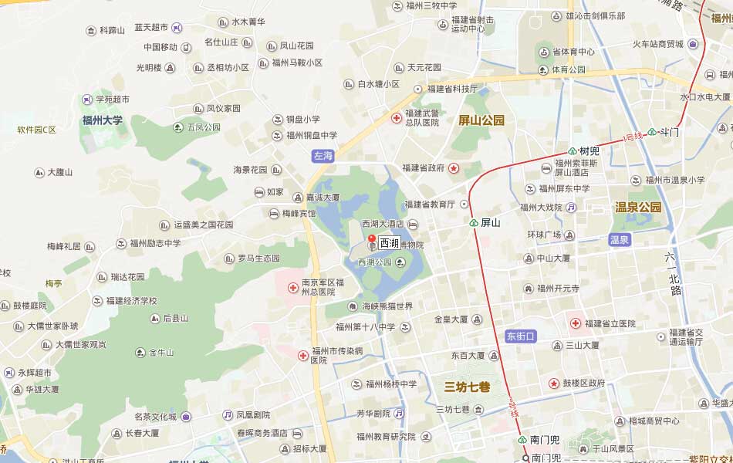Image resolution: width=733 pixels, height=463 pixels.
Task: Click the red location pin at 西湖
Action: tap(371, 239)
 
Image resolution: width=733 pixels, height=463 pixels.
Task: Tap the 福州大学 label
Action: tap(103, 120)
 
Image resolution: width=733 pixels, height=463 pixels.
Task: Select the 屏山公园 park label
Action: tap(481, 120)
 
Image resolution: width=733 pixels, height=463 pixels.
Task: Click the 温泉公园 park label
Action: tap(638, 207)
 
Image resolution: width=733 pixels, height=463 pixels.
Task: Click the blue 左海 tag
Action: tap(323, 156)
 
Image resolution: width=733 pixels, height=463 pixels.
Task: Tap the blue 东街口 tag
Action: tap(520, 336)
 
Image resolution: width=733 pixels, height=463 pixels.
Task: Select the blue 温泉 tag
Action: tap(620, 240)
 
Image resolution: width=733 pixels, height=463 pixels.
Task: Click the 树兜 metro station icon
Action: tap(573, 151)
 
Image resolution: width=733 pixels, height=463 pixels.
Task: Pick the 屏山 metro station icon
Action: tap(474, 223)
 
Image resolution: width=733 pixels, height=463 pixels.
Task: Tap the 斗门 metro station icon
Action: tap(652, 132)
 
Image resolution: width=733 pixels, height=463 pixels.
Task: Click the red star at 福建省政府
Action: tap(454, 168)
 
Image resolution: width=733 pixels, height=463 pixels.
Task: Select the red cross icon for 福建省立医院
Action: tap(576, 323)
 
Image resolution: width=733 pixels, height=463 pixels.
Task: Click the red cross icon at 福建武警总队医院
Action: tap(397, 117)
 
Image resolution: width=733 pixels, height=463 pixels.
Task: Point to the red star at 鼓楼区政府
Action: tap(553, 383)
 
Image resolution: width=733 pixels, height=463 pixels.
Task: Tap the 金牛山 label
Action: tap(161, 353)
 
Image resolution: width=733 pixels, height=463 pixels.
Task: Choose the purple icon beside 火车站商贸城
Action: tap(693, 44)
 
